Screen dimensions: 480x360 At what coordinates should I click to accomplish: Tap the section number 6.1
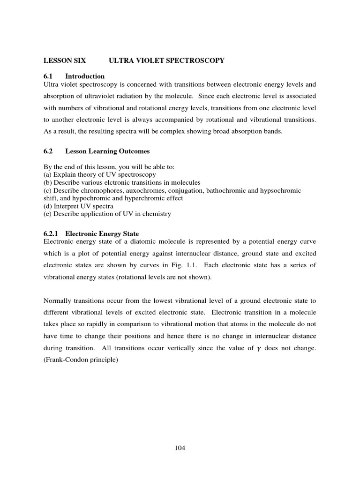point(48,76)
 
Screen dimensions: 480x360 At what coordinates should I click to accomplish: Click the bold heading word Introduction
point(85,76)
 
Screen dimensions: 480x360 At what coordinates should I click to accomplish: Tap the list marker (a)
point(48,174)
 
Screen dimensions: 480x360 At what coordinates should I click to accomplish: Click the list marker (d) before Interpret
point(48,206)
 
